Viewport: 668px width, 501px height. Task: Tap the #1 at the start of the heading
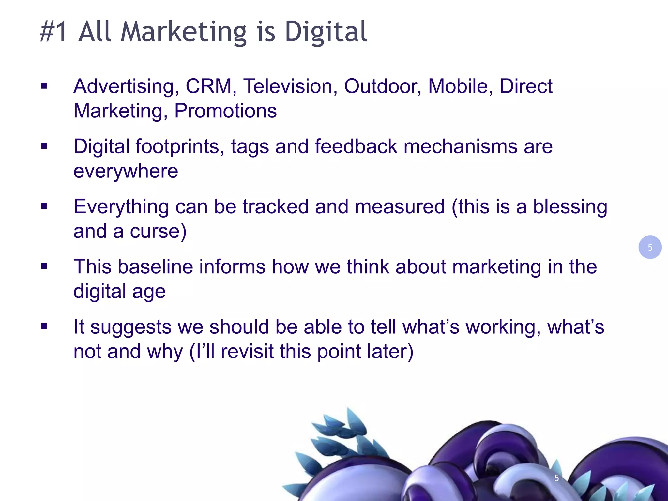point(54,32)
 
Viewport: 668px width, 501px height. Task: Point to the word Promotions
point(225,111)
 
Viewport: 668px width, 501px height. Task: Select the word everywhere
point(126,171)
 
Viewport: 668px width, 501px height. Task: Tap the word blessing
point(570,207)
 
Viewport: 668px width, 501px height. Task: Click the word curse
point(158,231)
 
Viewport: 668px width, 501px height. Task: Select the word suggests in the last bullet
point(130,327)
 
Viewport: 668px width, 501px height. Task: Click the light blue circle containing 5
point(650,247)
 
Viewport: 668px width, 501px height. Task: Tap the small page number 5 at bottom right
point(556,478)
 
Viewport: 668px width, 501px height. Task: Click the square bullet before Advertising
point(44,86)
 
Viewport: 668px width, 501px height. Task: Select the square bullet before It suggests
point(44,326)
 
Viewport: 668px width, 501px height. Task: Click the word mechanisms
point(460,146)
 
